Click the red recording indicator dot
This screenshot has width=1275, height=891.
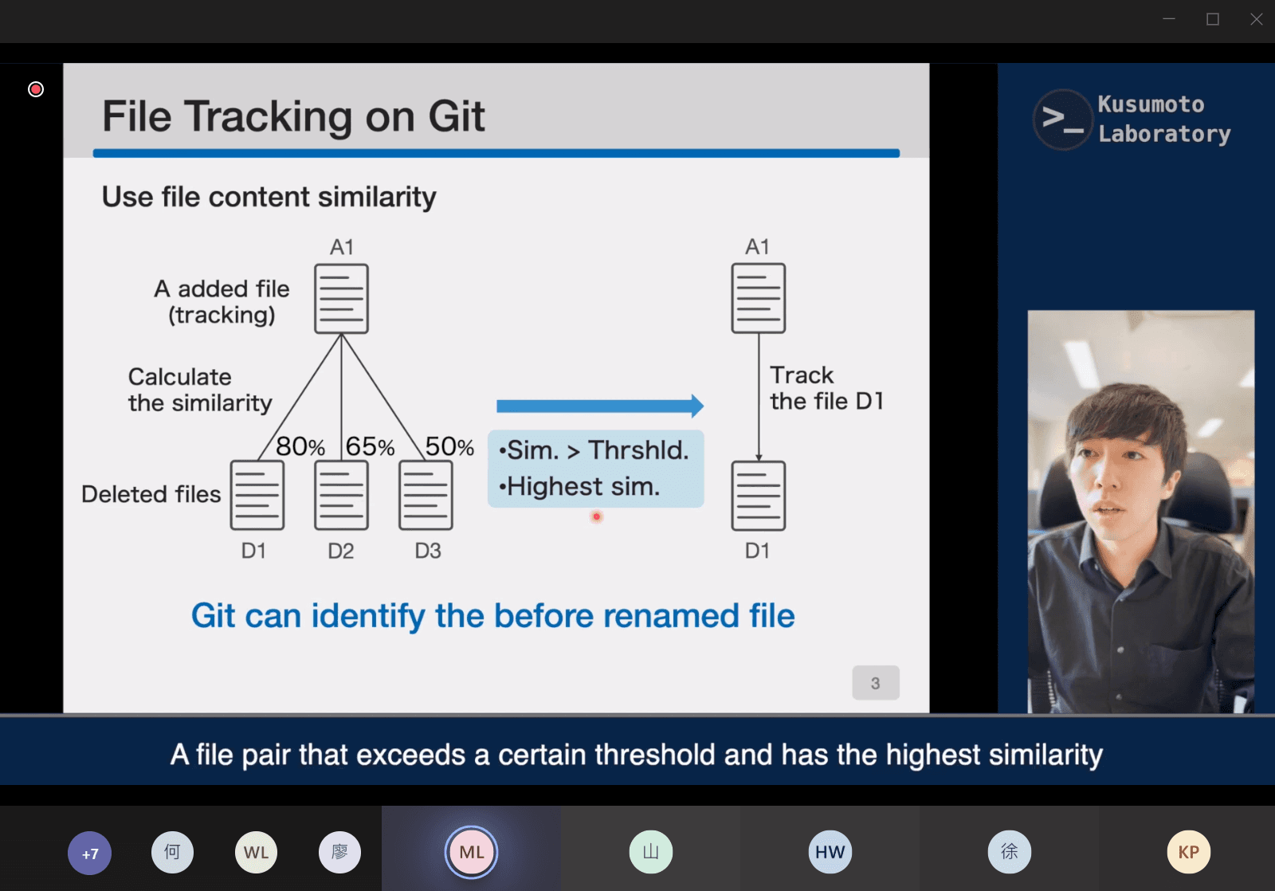coord(36,89)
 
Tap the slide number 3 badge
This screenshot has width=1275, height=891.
coord(876,683)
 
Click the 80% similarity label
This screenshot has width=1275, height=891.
coord(300,446)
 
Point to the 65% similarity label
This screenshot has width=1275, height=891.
coord(370,446)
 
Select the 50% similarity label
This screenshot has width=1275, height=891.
coord(449,446)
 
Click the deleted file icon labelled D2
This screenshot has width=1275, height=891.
coord(342,496)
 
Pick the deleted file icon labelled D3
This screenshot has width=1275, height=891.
coord(426,496)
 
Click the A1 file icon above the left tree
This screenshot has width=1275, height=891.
coord(342,298)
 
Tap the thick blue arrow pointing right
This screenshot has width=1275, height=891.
coord(600,406)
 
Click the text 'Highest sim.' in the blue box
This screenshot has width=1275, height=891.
coord(579,487)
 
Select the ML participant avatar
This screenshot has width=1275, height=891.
coord(471,852)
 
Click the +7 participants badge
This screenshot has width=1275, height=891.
coord(90,853)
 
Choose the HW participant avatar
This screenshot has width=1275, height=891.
coord(830,852)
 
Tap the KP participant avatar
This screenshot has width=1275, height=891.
coord(1188,852)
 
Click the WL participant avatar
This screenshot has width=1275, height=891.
coord(256,852)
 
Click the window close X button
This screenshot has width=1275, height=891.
coord(1256,19)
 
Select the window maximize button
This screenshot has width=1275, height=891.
coord(1212,19)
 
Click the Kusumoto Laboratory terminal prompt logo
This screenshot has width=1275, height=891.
coord(1063,120)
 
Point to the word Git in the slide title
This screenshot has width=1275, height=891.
coord(457,116)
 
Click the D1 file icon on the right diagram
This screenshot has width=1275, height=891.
coord(758,496)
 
